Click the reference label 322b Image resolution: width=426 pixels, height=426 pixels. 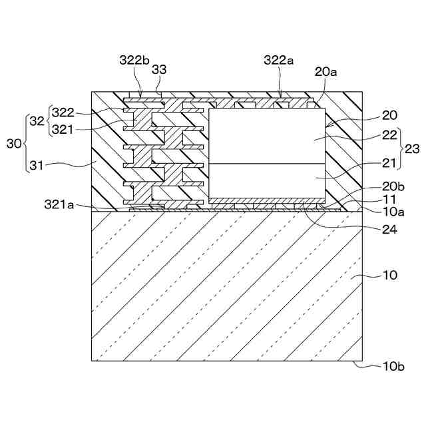click(134, 60)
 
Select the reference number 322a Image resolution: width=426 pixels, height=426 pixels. click(278, 60)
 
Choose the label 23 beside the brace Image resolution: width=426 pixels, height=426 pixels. click(412, 149)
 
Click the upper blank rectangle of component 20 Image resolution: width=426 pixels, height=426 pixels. click(266, 136)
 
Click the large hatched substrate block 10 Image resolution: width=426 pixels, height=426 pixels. click(226, 286)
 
